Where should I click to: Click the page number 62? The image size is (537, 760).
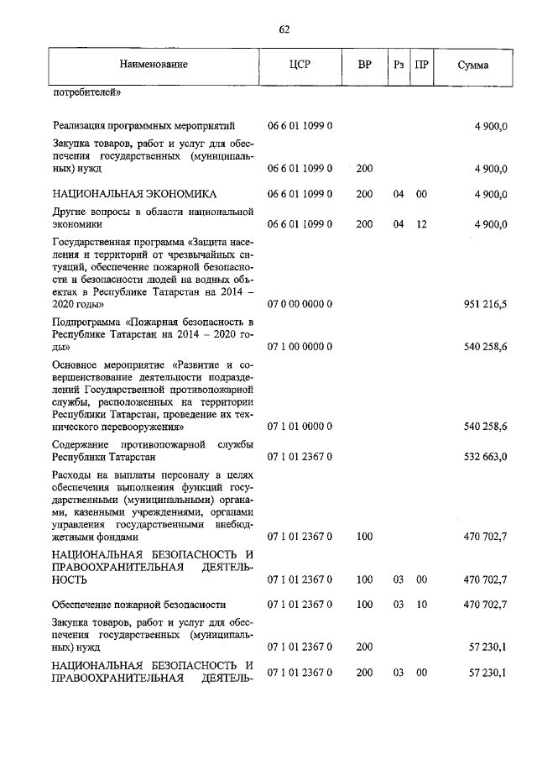[x=284, y=29]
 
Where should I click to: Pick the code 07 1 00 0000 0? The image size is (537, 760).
[x=300, y=346]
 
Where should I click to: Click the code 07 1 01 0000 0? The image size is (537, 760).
[x=300, y=427]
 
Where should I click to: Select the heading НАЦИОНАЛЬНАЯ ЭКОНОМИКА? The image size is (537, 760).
[x=134, y=194]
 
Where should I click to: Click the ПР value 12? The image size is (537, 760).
[x=421, y=224]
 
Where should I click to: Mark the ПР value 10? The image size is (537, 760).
[x=421, y=604]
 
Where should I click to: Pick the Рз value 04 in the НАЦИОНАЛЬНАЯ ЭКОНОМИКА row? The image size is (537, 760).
[x=399, y=194]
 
